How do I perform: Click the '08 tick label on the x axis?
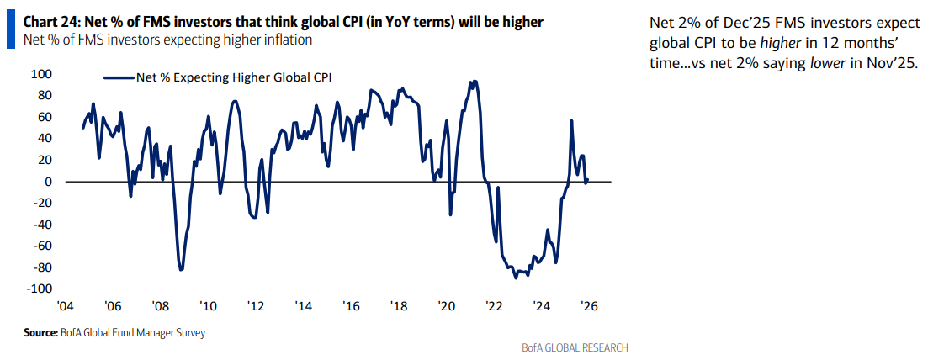(160, 307)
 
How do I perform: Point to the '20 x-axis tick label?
(446, 307)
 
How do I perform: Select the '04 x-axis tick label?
(65, 307)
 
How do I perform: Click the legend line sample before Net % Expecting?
(119, 77)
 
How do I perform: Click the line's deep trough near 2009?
(181, 269)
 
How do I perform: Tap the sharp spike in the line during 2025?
(572, 121)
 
